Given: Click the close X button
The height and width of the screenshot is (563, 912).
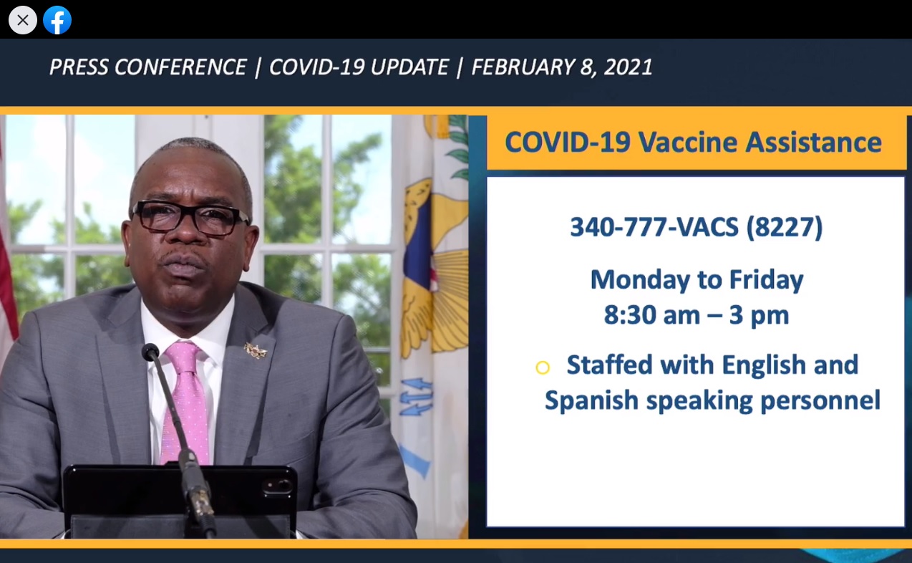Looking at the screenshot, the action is [x=23, y=20].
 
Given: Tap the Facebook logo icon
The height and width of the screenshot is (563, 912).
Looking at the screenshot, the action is [x=57, y=20].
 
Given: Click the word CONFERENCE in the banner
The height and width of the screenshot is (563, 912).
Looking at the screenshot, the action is [x=180, y=67].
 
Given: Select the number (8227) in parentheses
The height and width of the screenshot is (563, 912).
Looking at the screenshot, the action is [x=784, y=227].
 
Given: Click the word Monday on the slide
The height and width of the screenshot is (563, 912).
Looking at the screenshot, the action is [x=640, y=280].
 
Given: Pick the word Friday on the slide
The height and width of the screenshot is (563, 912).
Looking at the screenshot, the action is [x=766, y=280].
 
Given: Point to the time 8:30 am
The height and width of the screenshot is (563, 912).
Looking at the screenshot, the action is [x=651, y=315].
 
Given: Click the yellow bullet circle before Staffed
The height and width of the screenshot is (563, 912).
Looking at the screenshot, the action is [x=543, y=367].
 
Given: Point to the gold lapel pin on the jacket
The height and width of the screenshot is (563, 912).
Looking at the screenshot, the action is [x=256, y=350].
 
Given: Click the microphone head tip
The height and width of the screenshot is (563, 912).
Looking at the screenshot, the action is [x=150, y=351].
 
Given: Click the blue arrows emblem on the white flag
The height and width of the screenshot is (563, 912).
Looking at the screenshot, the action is [x=416, y=396].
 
